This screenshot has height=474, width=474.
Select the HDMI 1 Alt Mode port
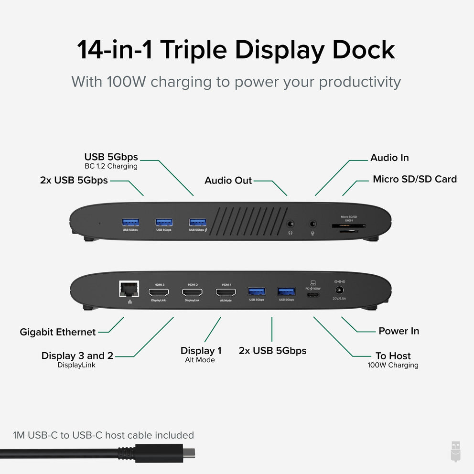(226, 292)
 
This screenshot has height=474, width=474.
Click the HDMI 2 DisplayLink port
(192, 292)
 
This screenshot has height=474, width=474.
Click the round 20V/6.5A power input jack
(340, 290)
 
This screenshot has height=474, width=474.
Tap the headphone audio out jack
(290, 223)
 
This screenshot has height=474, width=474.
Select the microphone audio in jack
(313, 223)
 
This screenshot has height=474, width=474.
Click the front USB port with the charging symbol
(197, 222)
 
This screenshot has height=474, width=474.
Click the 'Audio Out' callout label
(228, 181)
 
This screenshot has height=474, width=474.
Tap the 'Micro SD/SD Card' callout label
(414, 179)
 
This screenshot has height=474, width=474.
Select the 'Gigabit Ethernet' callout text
(57, 332)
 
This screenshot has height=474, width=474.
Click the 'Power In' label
(399, 331)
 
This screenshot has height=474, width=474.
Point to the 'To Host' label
(393, 355)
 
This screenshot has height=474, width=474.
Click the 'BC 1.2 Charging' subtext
(111, 166)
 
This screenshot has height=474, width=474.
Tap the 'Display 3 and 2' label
(77, 355)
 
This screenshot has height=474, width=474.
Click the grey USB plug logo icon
(456, 451)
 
